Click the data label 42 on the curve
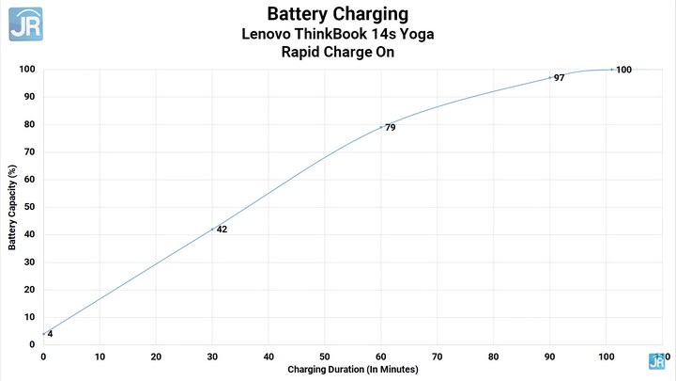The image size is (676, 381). [x=222, y=229]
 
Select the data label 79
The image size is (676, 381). [x=390, y=127]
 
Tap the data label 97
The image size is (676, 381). [x=559, y=78]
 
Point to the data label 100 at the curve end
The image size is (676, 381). [x=623, y=70]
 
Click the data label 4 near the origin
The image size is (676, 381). [x=50, y=334]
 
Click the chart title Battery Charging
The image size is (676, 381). [x=337, y=14]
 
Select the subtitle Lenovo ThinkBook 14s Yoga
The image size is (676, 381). [x=337, y=34]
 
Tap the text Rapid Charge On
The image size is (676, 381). [x=337, y=53]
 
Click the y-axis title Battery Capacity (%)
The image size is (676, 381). [x=13, y=207]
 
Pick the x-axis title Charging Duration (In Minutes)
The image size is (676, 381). [x=352, y=370]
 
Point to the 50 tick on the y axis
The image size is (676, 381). [x=30, y=207]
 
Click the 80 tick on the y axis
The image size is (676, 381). [x=30, y=124]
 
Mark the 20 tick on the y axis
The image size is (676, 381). [x=30, y=290]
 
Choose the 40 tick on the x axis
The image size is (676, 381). [x=269, y=357]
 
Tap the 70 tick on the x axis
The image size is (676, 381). [x=438, y=357]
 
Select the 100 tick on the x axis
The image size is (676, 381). [x=606, y=357]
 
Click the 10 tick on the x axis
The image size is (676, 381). [x=100, y=357]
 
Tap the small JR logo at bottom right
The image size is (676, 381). [x=656, y=360]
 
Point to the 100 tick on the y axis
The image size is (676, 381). [x=27, y=70]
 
